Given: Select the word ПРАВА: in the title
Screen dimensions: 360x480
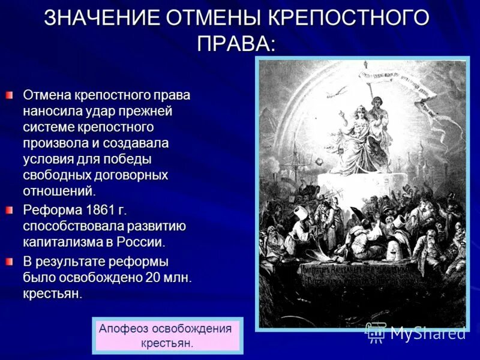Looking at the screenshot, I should pos(236,43).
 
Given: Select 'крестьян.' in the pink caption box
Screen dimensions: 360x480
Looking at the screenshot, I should pos(167,343).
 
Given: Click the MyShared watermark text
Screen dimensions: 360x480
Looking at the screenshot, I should pos(427,333).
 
